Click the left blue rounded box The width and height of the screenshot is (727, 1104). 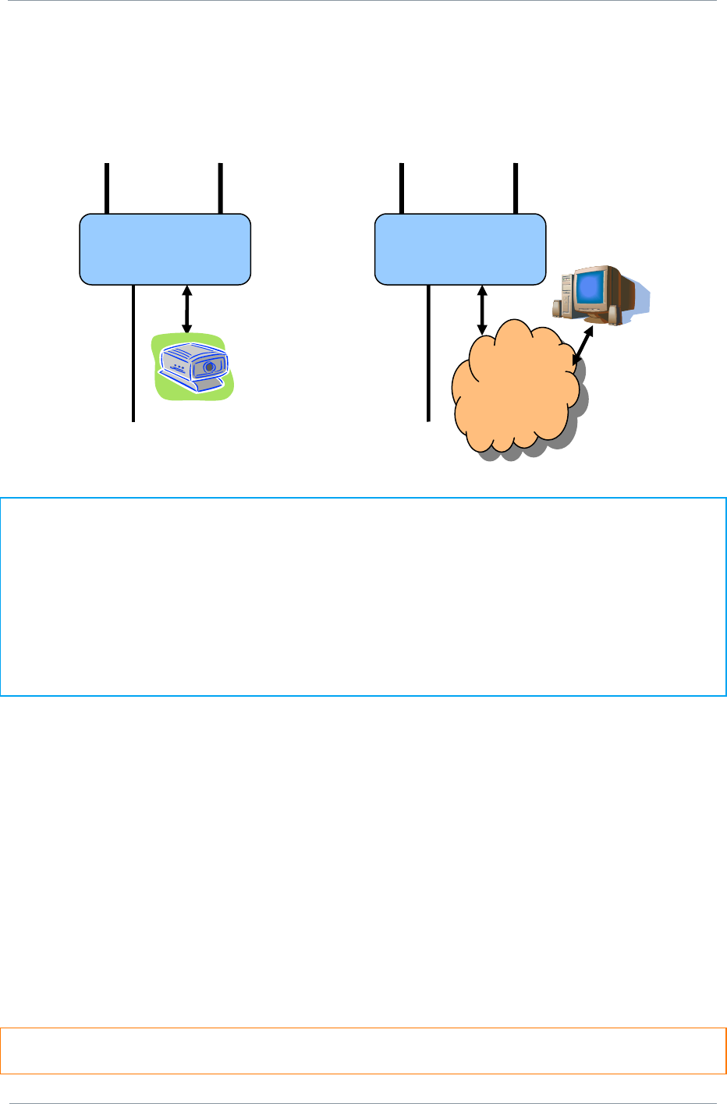pos(165,249)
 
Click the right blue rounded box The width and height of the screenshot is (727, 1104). pos(459,249)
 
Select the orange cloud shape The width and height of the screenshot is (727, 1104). pos(515,390)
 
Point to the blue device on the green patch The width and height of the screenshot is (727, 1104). pos(193,367)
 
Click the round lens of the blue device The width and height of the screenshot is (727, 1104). pos(209,365)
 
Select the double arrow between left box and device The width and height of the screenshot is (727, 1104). pos(186,310)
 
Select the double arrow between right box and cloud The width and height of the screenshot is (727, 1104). pos(481,310)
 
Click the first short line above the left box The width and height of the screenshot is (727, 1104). pos(107,188)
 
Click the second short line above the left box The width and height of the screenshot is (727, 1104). pos(221,188)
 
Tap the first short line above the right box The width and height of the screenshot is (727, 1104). pos(401,188)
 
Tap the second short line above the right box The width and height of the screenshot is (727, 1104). pos(516,188)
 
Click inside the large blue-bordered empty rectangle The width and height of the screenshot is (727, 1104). pos(363,596)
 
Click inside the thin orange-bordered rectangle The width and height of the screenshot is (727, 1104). pos(363,1051)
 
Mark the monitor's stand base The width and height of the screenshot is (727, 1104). pos(595,320)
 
